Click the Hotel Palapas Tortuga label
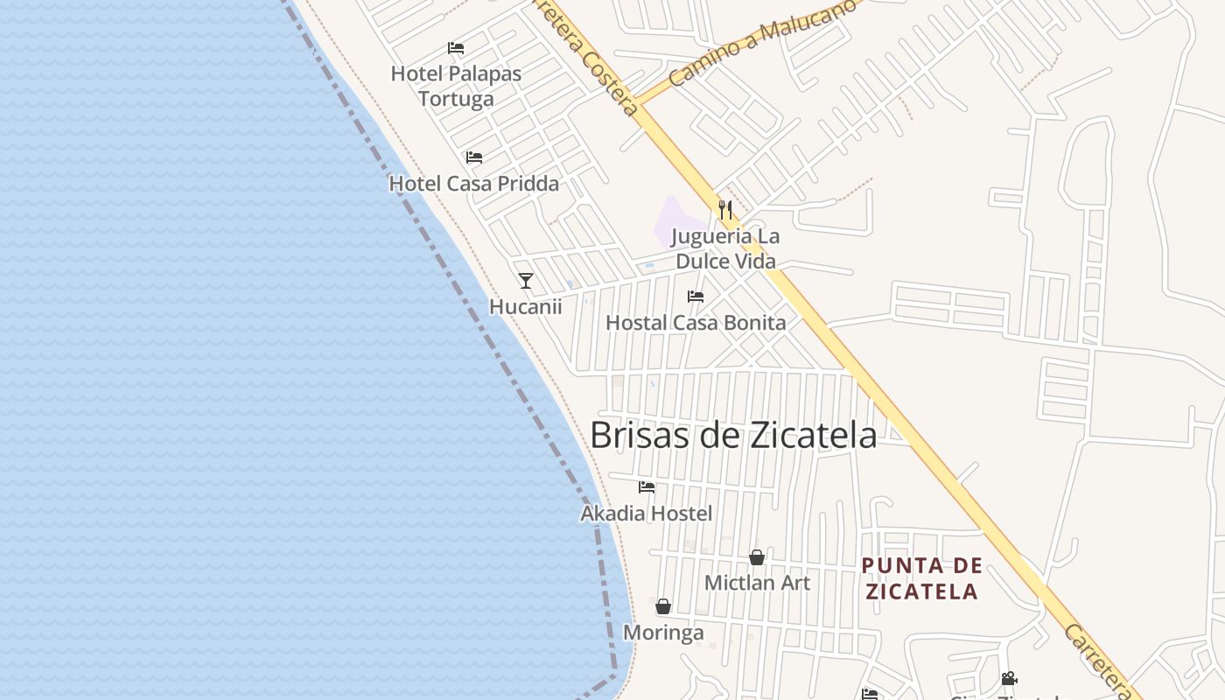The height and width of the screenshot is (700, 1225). click(x=456, y=86)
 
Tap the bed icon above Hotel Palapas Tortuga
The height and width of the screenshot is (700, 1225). click(x=456, y=47)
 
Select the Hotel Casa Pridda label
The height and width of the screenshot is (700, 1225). click(x=473, y=184)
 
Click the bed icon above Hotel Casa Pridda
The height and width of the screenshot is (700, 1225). click(x=474, y=157)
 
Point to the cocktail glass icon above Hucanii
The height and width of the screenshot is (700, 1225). click(x=526, y=280)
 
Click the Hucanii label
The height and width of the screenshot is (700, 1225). click(x=525, y=307)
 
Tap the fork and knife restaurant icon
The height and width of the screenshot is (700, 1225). click(x=725, y=210)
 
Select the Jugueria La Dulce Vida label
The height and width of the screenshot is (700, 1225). click(x=725, y=248)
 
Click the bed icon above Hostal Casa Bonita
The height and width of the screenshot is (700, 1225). click(x=696, y=297)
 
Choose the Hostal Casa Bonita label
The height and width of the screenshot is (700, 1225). click(x=696, y=323)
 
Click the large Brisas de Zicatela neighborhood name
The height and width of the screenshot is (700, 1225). click(x=733, y=435)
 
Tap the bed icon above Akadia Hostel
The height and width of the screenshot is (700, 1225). click(x=647, y=487)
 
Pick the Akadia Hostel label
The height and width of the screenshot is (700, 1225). click(x=647, y=514)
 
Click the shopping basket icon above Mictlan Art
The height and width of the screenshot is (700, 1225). click(x=757, y=557)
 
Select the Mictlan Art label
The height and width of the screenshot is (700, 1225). click(x=757, y=583)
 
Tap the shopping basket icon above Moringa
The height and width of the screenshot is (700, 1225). click(x=663, y=606)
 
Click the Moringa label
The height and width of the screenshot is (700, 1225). click(x=663, y=632)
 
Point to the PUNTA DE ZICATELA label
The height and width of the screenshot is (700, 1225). click(x=921, y=578)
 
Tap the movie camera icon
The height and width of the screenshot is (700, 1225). click(x=1009, y=678)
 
